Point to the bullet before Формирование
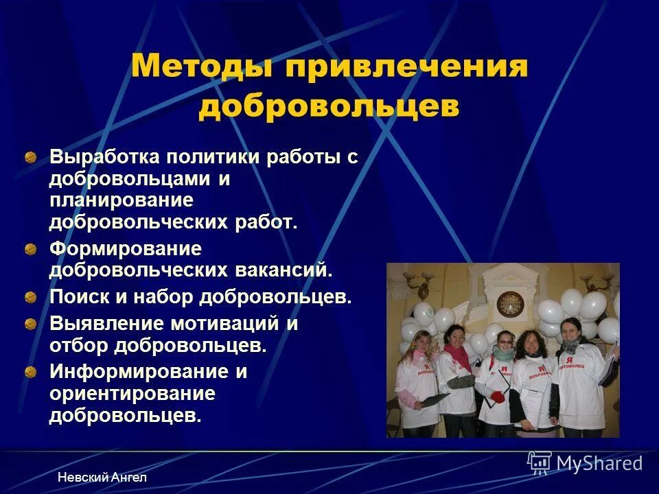coord(31,248)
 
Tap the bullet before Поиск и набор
coord(31,298)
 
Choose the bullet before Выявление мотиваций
coord(31,324)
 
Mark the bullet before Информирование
coord(31,373)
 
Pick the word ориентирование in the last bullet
coord(132,395)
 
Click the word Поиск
coord(77,297)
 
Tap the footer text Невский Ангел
coord(102,477)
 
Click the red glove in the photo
coord(497,396)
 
